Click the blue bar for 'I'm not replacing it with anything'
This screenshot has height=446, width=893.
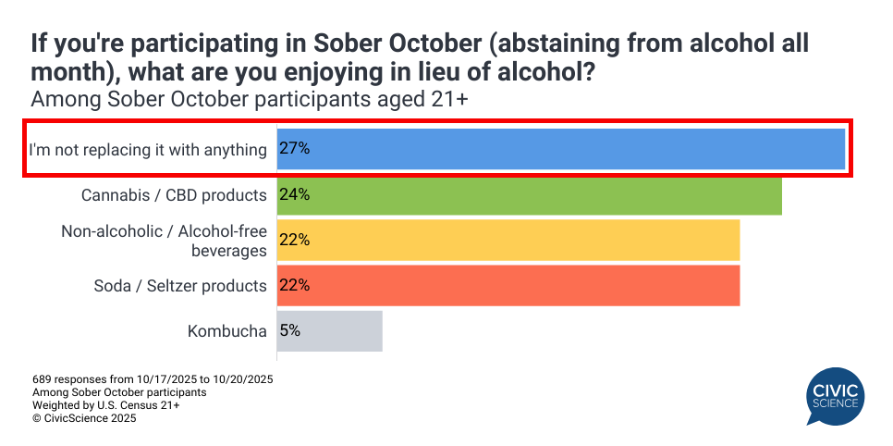560,149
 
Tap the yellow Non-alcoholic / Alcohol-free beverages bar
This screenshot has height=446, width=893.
508,240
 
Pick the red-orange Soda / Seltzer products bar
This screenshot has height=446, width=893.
508,285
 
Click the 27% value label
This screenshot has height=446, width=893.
294,149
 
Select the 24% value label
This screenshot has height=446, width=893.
294,195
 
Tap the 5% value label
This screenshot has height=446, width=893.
290,330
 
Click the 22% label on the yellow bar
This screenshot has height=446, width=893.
294,240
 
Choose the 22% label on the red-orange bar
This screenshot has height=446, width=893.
294,285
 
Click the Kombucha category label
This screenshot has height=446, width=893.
227,330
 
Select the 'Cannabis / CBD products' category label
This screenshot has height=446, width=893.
174,195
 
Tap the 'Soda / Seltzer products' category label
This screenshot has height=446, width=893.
180,285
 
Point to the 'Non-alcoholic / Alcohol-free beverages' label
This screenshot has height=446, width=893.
164,240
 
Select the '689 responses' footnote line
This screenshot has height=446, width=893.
153,379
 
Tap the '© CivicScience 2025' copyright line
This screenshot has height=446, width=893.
84,418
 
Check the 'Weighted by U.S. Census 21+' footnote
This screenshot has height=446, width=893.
106,405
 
